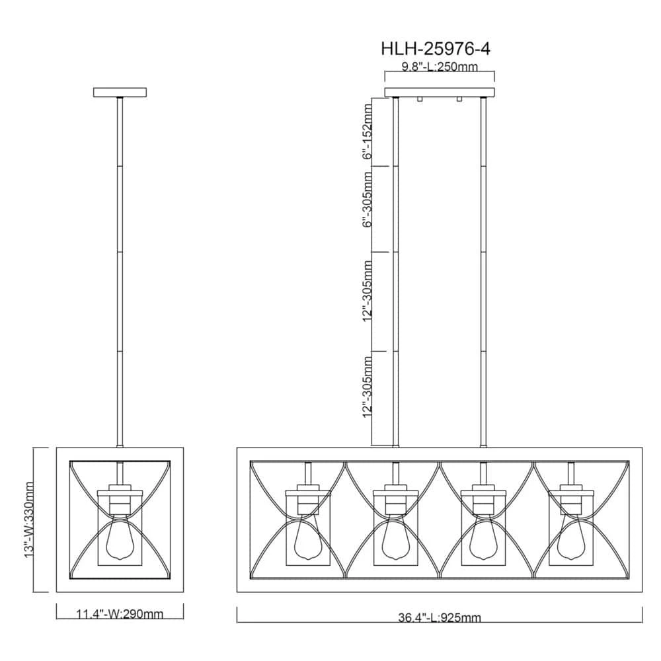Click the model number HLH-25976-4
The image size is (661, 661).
pyautogui.click(x=436, y=49)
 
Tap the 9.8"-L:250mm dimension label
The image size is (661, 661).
pyautogui.click(x=440, y=67)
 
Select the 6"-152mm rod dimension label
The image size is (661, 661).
pyautogui.click(x=368, y=131)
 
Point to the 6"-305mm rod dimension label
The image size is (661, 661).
pyautogui.click(x=368, y=199)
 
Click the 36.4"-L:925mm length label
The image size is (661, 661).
pyautogui.click(x=440, y=617)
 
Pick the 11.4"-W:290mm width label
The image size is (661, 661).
pyautogui.click(x=120, y=614)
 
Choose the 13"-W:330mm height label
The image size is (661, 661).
pyautogui.click(x=28, y=520)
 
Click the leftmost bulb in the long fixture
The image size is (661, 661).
pyautogui.click(x=308, y=539)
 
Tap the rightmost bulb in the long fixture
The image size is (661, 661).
pyautogui.click(x=571, y=539)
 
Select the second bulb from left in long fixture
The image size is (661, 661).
pyautogui.click(x=395, y=539)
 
